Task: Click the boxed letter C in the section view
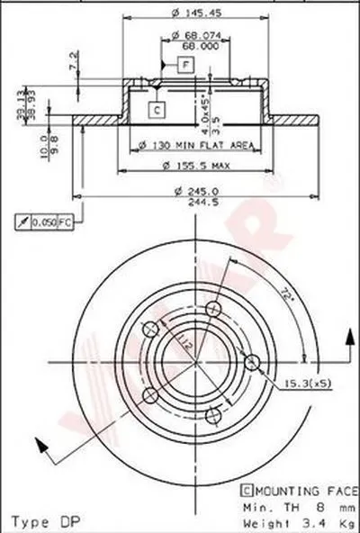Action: tap(156, 110)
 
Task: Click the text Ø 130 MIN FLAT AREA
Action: tap(195, 145)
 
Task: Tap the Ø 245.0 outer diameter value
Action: tap(194, 189)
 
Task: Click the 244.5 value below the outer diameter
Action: tap(194, 203)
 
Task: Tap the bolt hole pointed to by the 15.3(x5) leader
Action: tap(253, 363)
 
